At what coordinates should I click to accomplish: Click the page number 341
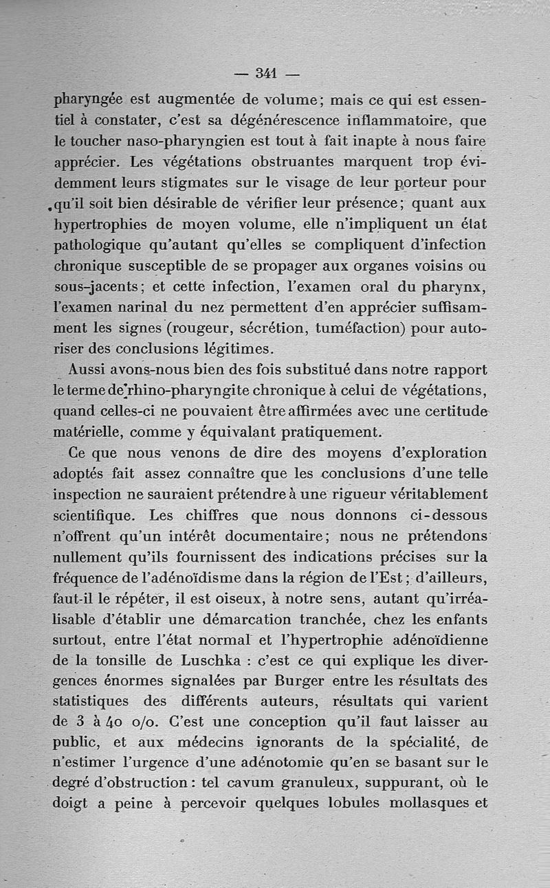coord(266,72)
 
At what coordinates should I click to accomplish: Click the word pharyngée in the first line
coord(89,101)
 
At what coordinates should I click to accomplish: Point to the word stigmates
coord(261,183)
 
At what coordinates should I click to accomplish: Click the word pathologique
coord(98,246)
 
